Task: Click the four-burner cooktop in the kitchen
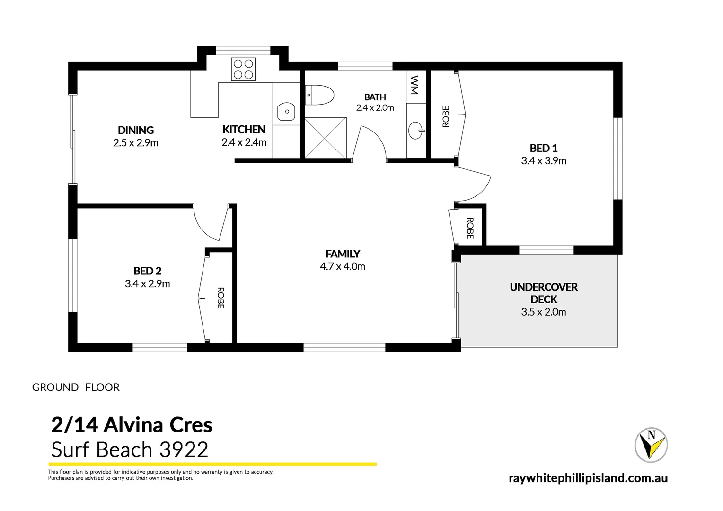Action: [243, 69]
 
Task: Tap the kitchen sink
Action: [286, 112]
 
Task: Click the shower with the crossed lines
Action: [326, 138]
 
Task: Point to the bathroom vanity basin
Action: [416, 131]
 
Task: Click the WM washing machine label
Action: [414, 85]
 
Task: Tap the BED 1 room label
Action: [543, 148]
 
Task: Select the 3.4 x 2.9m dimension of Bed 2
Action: [147, 284]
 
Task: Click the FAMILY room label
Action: [343, 254]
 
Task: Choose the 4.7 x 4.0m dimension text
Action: [343, 267]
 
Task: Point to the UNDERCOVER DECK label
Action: [544, 293]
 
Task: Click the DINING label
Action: [136, 130]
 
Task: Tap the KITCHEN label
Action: [244, 130]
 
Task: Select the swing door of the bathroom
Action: [371, 142]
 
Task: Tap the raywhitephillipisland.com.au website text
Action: [588, 478]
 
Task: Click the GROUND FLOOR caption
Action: [76, 388]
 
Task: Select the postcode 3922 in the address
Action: [184, 449]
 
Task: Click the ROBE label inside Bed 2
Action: [220, 298]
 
